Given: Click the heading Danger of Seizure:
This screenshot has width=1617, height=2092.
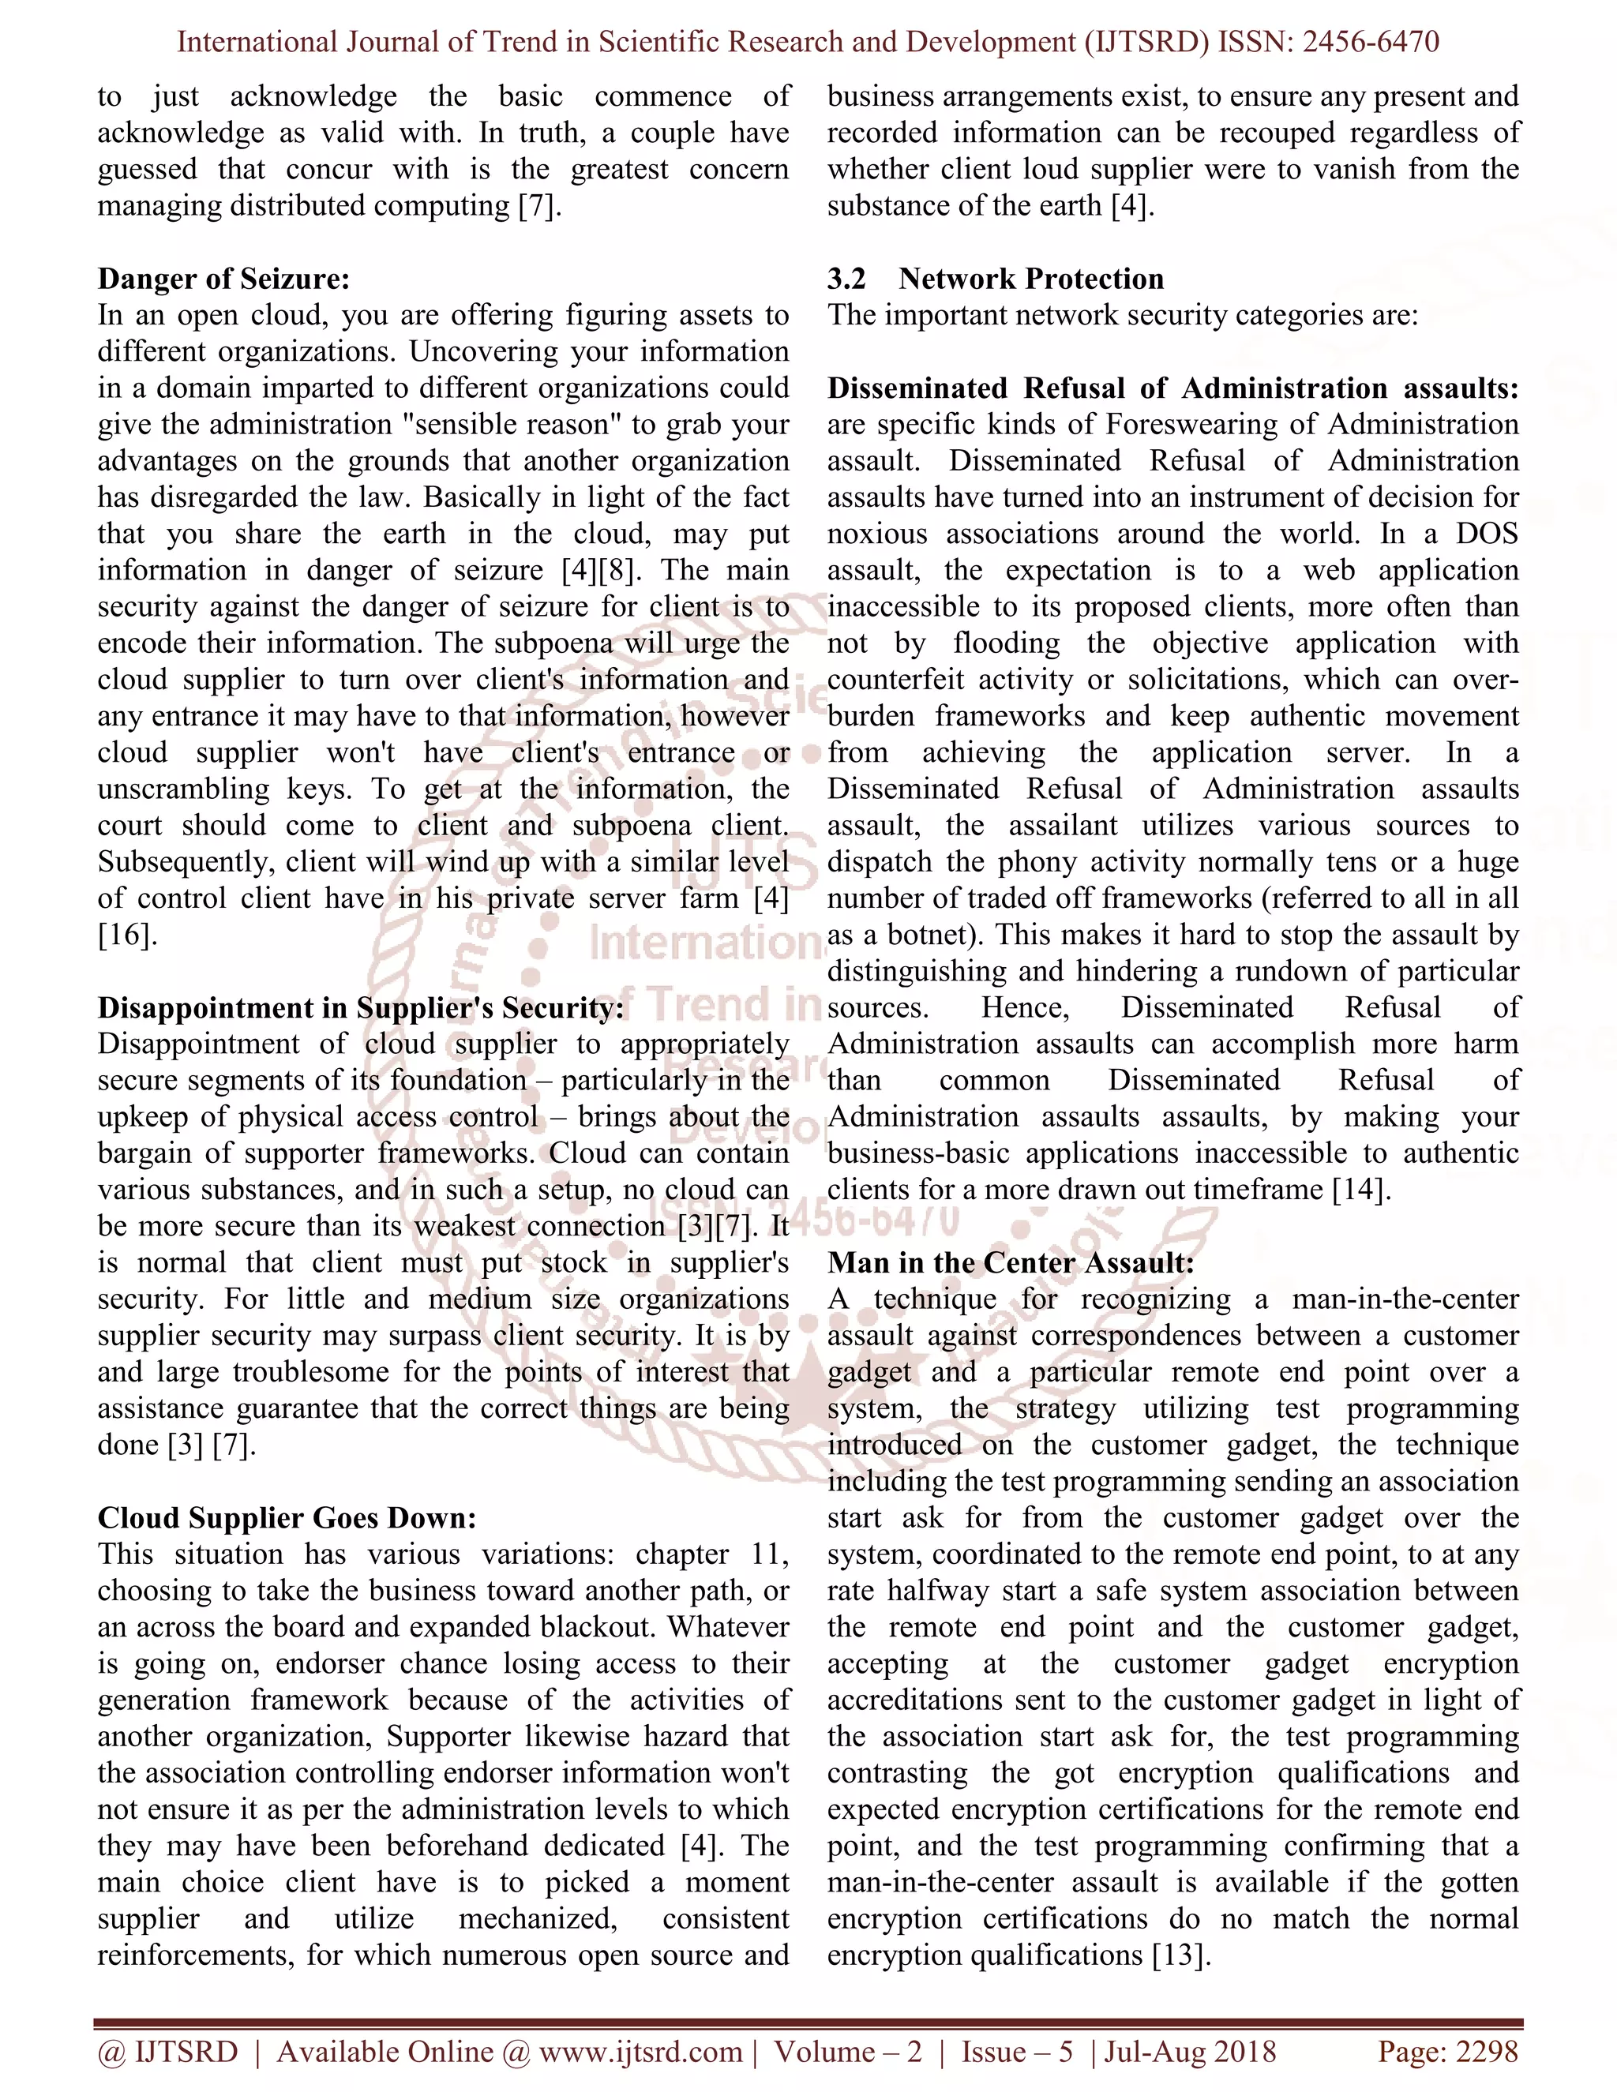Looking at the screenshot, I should (x=223, y=279).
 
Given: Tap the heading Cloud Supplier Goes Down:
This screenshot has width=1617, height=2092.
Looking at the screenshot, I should (x=287, y=1518).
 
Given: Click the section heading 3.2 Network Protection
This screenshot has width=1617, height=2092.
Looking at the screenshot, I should (x=996, y=279).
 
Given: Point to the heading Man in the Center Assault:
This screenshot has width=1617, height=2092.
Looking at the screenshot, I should (x=1011, y=1262).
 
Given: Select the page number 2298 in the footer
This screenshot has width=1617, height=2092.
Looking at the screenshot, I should (x=1486, y=2051).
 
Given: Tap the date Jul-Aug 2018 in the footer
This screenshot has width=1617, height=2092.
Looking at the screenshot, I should (x=1191, y=2051).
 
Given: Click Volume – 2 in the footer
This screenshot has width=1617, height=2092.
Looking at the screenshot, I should (x=848, y=2051).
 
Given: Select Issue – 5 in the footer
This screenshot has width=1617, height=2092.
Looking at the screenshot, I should (x=1017, y=2051).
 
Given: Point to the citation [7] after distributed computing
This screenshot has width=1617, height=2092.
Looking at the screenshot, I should (x=535, y=206).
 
